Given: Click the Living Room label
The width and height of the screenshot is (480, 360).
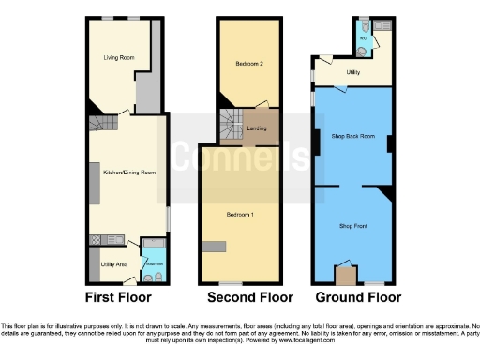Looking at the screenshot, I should pos(119,58).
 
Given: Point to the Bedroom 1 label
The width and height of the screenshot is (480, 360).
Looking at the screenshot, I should pos(240,215).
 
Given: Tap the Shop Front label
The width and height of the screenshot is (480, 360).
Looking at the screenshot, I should pos(352,225).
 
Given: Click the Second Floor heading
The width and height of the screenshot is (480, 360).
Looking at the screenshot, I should pos(240,298).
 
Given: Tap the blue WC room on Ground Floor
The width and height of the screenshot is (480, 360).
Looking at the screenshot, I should pos(367,38).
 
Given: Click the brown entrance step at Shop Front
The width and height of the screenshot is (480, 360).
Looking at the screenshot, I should pos(345,276).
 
